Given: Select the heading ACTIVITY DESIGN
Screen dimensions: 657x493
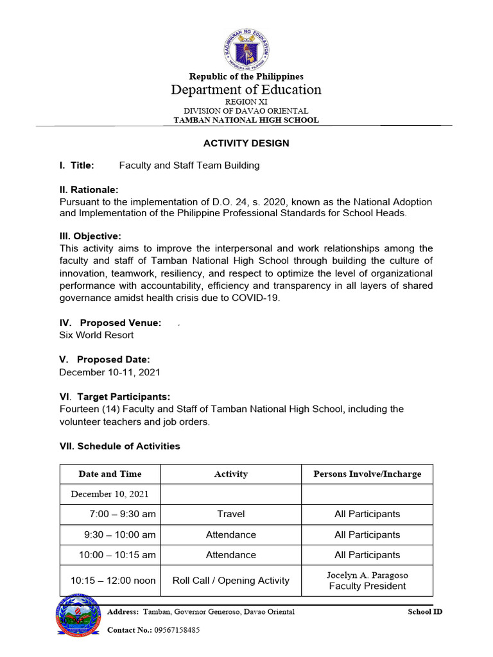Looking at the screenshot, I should [246, 143].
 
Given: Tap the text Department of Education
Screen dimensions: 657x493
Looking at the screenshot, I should [246, 90].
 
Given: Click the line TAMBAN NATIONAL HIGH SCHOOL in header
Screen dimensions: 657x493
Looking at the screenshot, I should [246, 120].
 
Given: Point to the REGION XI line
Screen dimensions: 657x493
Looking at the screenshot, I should [246, 101].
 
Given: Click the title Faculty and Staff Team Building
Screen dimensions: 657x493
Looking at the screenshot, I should [189, 166].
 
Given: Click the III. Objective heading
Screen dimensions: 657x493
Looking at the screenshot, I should [90, 236].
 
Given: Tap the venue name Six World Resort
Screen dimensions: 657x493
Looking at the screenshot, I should [96, 335].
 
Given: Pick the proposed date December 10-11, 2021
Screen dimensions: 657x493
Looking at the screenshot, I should [110, 372].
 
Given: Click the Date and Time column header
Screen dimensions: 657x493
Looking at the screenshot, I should [110, 474].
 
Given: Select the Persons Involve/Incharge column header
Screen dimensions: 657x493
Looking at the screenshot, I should [367, 474].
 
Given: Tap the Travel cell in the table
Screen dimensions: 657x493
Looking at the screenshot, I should [230, 514].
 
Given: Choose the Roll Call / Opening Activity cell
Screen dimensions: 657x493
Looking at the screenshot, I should [230, 581].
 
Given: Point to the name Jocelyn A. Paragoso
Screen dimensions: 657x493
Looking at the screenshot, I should [367, 575].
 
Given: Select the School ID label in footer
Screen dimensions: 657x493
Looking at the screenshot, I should [425, 611].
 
